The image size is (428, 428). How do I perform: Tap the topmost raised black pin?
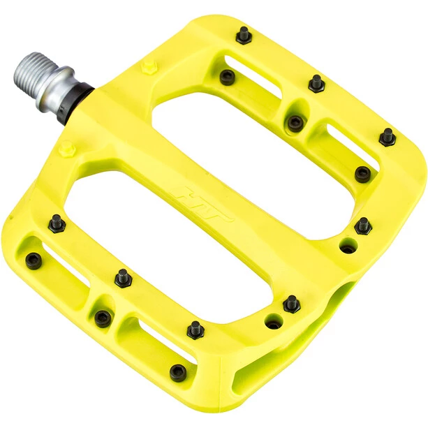244,35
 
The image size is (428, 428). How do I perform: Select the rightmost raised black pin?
387,136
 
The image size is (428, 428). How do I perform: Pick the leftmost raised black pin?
56,223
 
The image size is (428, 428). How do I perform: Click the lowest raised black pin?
195,329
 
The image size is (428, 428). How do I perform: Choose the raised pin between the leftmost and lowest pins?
123,277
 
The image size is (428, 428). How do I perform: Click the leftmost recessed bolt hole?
33,260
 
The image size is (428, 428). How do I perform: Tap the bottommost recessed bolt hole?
179,373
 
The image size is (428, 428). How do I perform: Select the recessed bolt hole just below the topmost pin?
227,77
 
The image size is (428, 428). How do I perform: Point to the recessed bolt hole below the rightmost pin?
362,174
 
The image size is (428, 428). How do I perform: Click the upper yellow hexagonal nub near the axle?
147,67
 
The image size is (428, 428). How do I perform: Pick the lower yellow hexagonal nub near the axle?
66,149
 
